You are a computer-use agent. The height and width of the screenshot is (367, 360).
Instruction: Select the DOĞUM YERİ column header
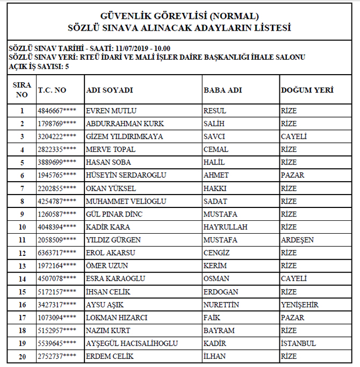[x=307, y=90]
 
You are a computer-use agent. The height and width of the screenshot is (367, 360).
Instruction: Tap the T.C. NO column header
[x=52, y=90]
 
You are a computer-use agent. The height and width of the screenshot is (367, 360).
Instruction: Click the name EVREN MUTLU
[x=111, y=111]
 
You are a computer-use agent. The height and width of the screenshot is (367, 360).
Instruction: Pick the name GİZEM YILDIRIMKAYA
[x=124, y=137]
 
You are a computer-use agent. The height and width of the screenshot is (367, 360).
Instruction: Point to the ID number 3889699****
[x=56, y=163]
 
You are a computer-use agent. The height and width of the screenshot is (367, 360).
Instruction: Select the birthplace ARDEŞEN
[x=297, y=240]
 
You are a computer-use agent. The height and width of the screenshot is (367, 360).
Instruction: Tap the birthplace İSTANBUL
[x=298, y=343]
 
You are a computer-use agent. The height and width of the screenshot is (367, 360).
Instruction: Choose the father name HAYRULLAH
[x=225, y=227]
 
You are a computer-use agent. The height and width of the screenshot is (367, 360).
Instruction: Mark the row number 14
[x=22, y=279]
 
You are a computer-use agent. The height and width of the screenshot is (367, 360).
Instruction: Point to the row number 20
[x=22, y=356]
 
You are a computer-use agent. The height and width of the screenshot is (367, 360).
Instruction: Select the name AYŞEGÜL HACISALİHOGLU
[x=132, y=343]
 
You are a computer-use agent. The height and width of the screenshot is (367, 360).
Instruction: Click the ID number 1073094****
[x=56, y=318]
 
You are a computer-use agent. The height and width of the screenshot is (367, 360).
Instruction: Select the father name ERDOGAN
[x=220, y=292]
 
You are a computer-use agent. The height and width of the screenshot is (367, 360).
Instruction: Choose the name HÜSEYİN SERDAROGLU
[x=126, y=176]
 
